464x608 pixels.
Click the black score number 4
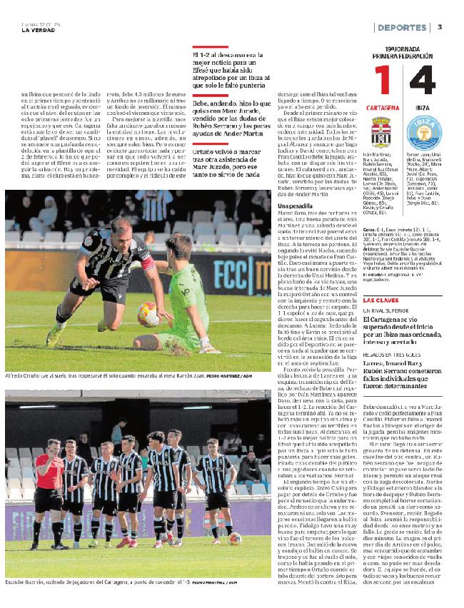pos(422,82)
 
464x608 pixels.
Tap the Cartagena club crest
pos(381,131)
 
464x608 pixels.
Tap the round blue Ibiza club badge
pos(422,133)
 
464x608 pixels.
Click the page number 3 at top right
pos(440,27)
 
